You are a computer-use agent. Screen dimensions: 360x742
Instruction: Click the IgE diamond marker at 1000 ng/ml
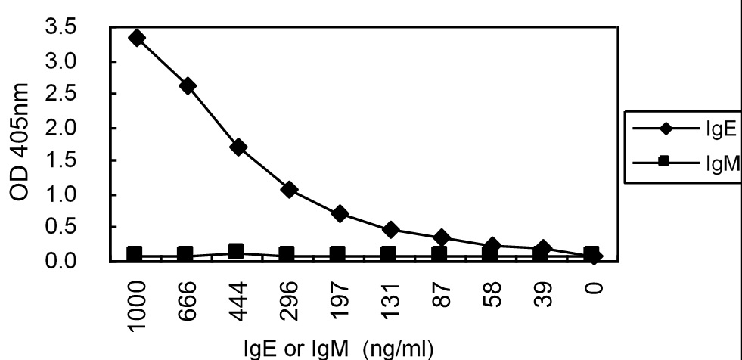(137, 38)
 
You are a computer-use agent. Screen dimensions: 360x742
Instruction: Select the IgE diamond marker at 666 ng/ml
(188, 86)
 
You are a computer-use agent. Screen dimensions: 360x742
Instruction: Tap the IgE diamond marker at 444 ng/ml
(238, 147)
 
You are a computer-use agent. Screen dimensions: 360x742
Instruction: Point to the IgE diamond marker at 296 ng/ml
(288, 189)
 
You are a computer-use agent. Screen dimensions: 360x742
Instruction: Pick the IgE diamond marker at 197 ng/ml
(340, 214)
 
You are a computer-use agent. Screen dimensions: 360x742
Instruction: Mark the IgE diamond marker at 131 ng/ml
(390, 228)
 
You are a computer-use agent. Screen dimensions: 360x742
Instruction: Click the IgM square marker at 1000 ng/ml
(135, 253)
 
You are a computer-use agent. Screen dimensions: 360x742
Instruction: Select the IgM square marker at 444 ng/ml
(236, 250)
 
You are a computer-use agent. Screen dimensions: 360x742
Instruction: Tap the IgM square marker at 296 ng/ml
(287, 253)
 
